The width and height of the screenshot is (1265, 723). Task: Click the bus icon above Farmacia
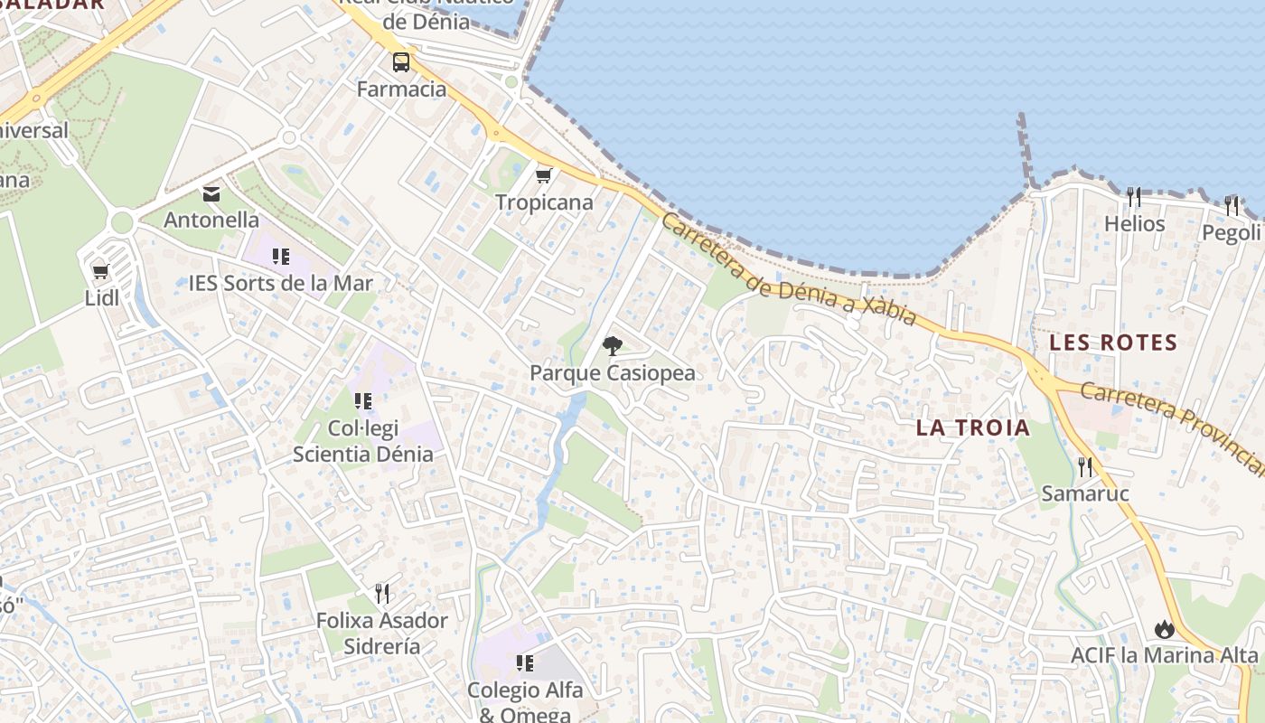point(400,62)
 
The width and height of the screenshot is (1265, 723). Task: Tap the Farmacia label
point(401,89)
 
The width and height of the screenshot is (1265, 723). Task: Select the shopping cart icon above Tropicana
point(543,175)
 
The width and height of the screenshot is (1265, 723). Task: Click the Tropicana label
point(544,202)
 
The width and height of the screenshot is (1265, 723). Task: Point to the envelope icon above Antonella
point(211,193)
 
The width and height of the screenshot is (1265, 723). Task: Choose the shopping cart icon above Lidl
point(101,271)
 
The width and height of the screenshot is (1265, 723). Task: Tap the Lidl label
point(102,298)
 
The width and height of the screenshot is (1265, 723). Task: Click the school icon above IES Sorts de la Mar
point(281,257)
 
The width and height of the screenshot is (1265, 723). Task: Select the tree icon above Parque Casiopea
point(612,345)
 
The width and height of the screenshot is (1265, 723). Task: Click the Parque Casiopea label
point(613,372)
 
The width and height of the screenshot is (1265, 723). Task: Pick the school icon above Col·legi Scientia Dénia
point(363,400)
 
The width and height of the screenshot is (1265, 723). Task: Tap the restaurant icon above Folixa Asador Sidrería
point(382,594)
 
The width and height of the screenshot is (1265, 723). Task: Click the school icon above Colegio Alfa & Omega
point(525,663)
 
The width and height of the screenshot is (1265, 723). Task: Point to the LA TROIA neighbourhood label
point(973,427)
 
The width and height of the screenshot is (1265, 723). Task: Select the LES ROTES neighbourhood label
point(1113,343)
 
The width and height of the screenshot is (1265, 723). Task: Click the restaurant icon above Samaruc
point(1085,467)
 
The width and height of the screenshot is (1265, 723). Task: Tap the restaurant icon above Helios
point(1134,196)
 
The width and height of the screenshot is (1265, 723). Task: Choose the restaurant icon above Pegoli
point(1232,206)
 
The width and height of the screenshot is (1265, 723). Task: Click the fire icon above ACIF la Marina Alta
point(1164,628)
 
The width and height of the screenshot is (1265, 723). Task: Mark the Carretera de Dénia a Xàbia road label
point(789,269)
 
